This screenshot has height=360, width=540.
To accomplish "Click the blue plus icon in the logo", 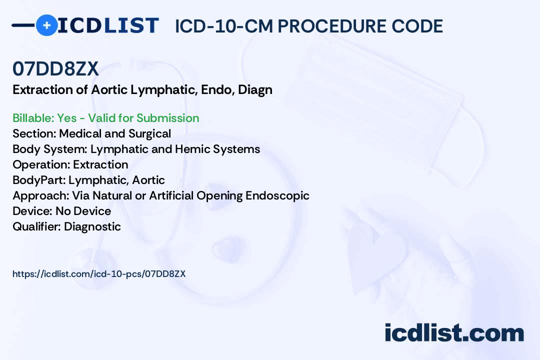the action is (x=46, y=25).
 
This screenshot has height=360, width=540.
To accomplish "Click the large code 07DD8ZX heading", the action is (x=56, y=68).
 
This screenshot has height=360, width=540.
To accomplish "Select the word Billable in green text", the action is (x=33, y=118).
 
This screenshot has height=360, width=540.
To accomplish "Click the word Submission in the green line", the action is (x=167, y=118).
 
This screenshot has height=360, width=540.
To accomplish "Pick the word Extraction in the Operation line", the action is (x=100, y=164).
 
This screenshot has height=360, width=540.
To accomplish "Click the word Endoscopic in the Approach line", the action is (x=277, y=195).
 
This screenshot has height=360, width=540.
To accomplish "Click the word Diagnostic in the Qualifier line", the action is (x=92, y=226).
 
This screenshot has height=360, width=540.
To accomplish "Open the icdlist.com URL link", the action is (x=99, y=274).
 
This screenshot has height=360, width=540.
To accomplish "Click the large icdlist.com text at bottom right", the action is (x=454, y=333).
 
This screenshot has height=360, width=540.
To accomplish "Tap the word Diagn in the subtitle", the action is (x=255, y=90).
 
